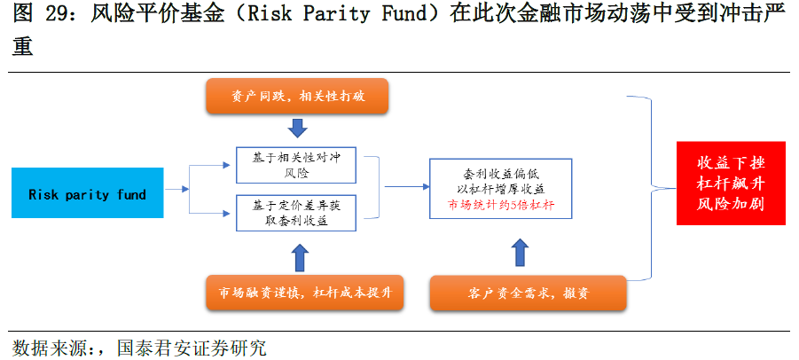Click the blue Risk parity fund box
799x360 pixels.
[87, 193]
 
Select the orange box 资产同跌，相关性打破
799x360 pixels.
[297, 96]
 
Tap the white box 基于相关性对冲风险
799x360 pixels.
[296, 165]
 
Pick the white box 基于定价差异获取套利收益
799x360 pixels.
[296, 213]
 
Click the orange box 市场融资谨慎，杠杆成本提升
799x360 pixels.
[305, 293]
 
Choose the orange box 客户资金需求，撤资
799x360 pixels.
[528, 293]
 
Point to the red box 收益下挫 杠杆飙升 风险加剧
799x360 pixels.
[731, 184]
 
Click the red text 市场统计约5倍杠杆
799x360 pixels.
[501, 205]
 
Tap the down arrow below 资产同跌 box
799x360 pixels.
[297, 128]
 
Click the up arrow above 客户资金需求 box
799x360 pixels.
[521, 252]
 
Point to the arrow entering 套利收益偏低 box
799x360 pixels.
[407, 187]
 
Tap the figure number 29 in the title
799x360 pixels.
[57, 14]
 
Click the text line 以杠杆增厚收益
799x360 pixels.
[501, 189]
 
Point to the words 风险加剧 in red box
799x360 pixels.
[731, 204]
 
